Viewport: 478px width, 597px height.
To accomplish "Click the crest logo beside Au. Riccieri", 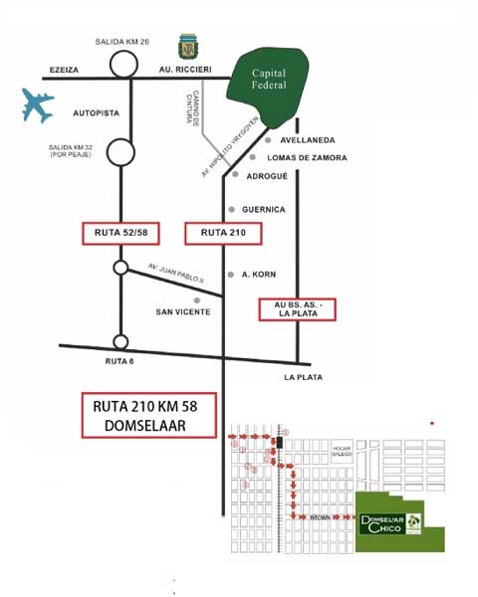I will (186, 46).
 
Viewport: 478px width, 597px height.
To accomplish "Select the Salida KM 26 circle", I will (123, 64).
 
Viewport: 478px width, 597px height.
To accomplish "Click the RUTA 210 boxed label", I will (224, 234).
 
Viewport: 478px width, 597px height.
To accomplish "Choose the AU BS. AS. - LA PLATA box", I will (296, 308).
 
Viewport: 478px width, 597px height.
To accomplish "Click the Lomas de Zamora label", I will (314, 158).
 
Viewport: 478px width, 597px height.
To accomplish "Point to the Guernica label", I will (265, 210).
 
